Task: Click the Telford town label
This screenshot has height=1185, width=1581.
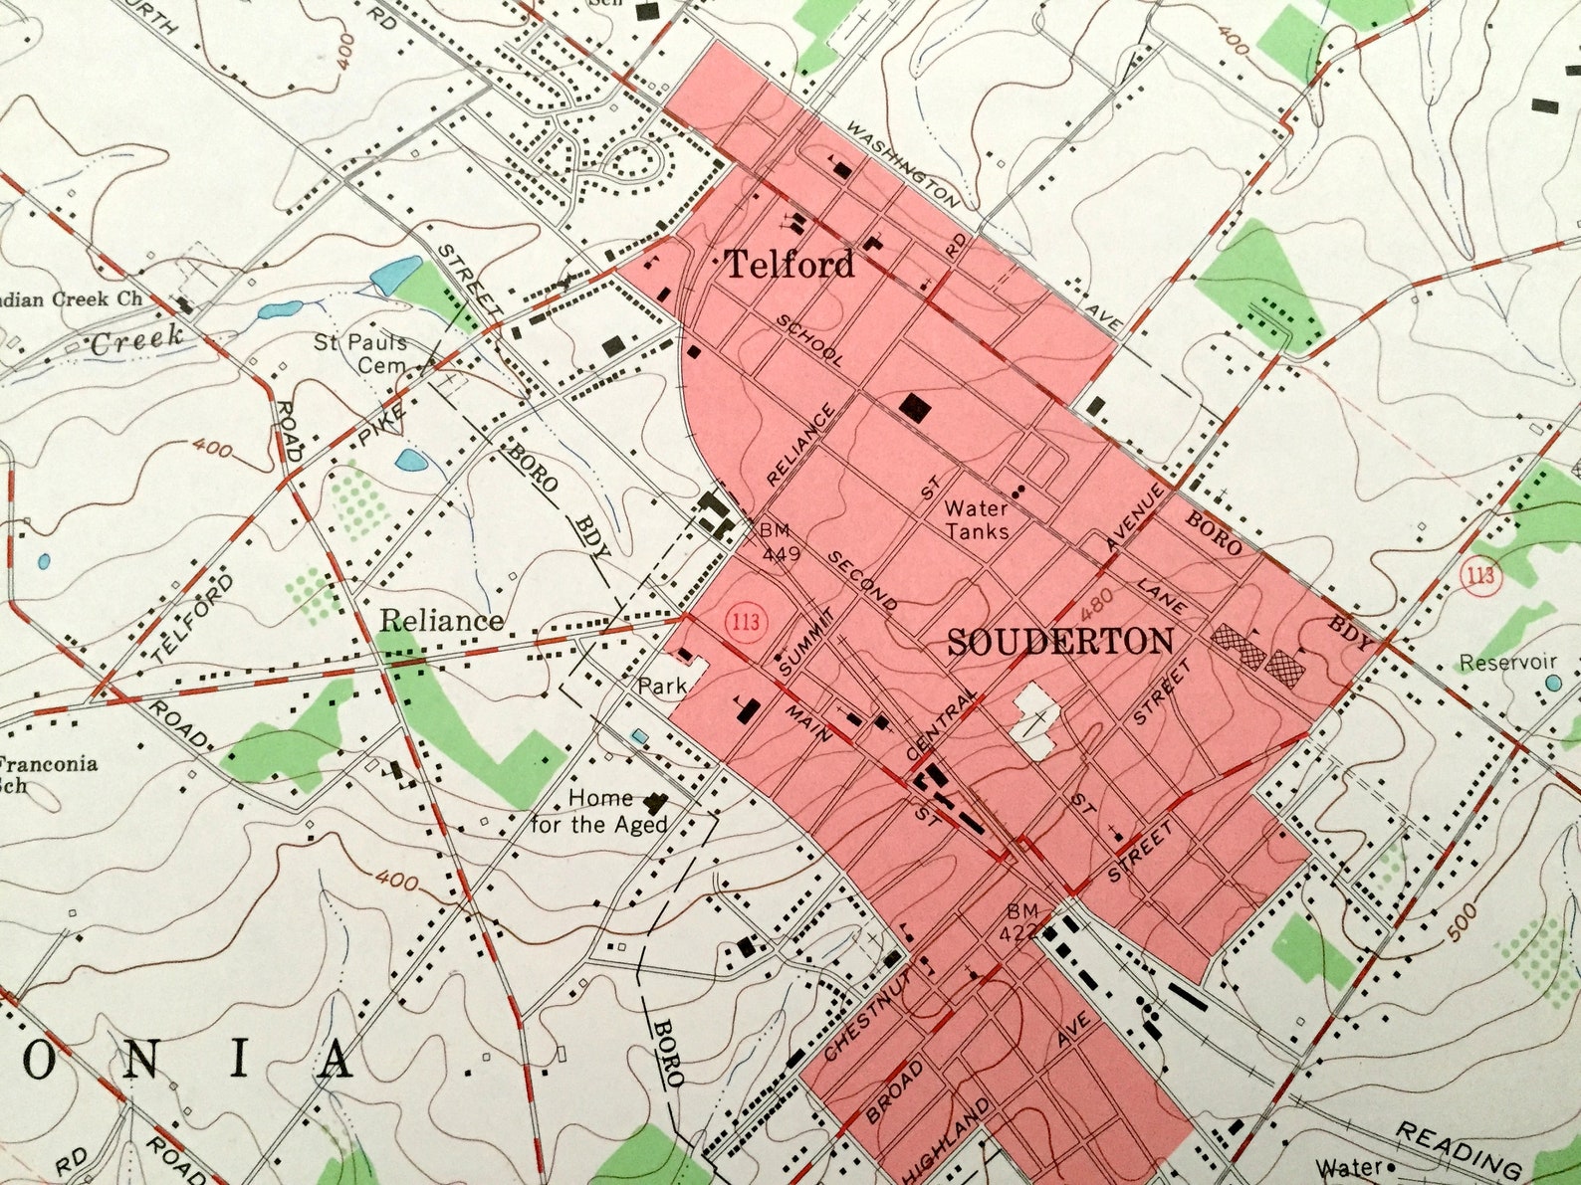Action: point(789,265)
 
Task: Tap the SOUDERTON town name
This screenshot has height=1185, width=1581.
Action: point(1060,643)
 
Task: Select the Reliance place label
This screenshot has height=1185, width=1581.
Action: point(441,621)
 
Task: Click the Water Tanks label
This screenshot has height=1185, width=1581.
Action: point(977,519)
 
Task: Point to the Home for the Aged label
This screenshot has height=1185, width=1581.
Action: point(599,811)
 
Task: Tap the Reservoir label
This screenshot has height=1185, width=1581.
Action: point(1507,663)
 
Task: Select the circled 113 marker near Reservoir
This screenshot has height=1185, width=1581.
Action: point(1481,576)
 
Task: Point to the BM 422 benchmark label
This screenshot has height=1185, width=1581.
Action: point(1022,921)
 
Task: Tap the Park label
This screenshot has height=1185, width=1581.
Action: point(662,686)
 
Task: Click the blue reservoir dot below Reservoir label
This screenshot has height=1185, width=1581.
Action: point(1553,684)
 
